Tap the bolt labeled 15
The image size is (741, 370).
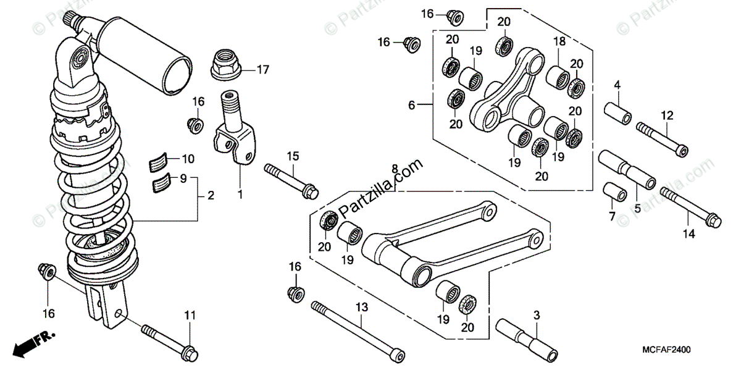pyautogui.click(x=291, y=181)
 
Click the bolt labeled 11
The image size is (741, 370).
pyautogui.click(x=167, y=342)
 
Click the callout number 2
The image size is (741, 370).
pyautogui.click(x=211, y=196)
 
